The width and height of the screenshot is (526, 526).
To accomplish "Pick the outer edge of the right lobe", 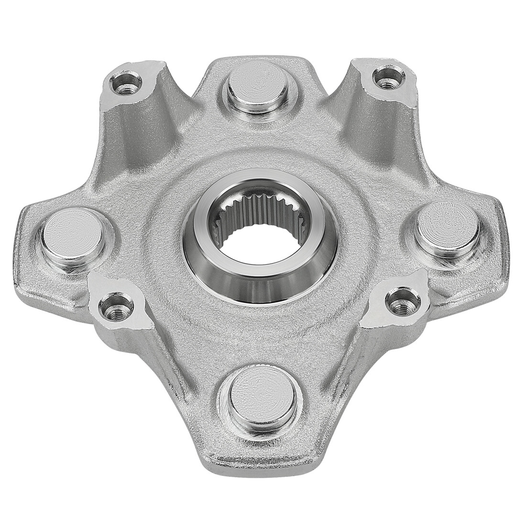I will [x=502, y=230].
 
